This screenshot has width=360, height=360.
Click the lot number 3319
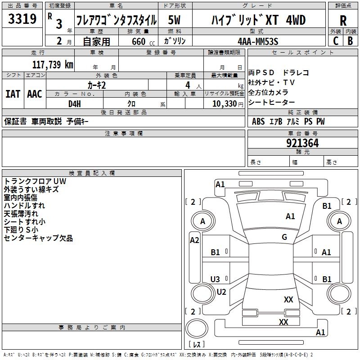(22, 19)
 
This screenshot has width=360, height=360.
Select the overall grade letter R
(343, 21)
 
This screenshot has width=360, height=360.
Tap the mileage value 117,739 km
(53, 65)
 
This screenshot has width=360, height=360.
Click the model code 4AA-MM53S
(258, 41)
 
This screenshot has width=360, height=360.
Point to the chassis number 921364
(302, 143)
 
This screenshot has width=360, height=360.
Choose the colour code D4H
(75, 104)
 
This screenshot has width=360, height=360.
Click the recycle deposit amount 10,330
(225, 104)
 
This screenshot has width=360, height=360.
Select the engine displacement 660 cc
(143, 41)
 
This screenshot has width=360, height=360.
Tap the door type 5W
(174, 20)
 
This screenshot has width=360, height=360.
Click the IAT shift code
(13, 94)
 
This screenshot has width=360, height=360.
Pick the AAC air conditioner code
(35, 94)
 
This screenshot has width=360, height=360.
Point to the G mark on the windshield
(284, 237)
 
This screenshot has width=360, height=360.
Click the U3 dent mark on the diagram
(215, 279)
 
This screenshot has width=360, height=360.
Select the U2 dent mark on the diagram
(221, 292)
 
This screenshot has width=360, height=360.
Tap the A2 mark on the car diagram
(194, 240)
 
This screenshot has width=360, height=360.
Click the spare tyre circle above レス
(197, 328)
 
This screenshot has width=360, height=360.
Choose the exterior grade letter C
(336, 41)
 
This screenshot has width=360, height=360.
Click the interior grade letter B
(350, 41)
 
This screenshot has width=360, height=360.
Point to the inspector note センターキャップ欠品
(38, 238)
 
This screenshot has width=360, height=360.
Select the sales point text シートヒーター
(271, 103)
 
